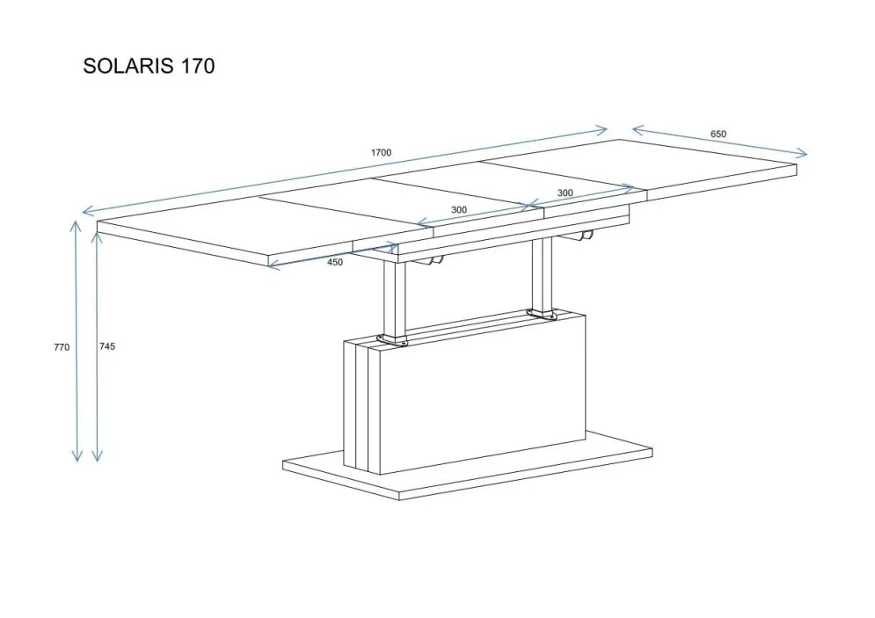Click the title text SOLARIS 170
click(149, 66)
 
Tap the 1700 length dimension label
click(381, 152)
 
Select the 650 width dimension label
click(718, 134)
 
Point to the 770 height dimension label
click(62, 347)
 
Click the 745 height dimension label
click(107, 346)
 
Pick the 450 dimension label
click(335, 262)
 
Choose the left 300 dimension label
click(459, 210)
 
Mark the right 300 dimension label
click(565, 193)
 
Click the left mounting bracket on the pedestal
click(393, 340)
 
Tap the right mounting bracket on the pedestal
click(542, 314)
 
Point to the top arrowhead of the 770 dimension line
click(76, 225)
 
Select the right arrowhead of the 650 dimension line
click(802, 153)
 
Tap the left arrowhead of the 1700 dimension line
click(88, 210)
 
